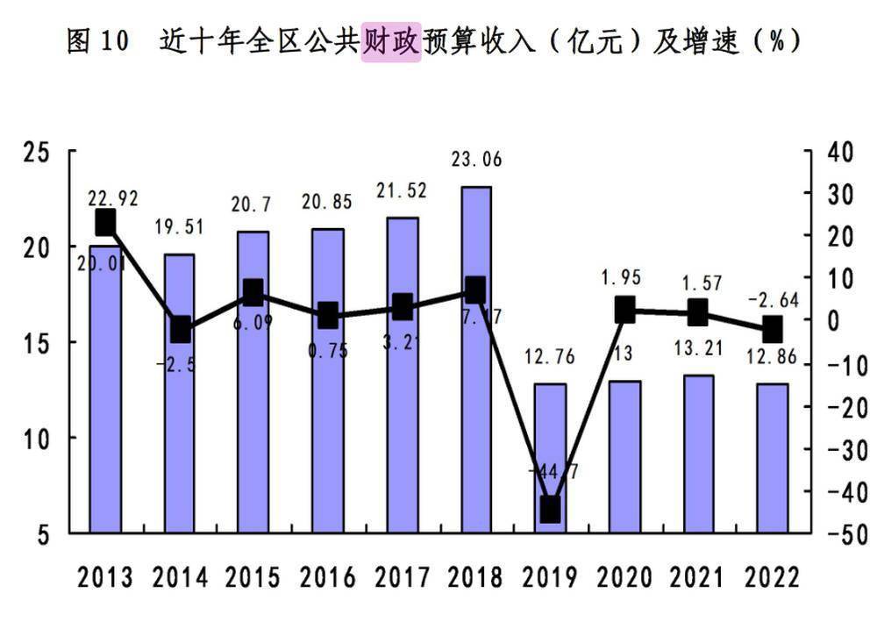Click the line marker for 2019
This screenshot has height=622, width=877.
551,509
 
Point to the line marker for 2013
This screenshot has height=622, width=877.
105,223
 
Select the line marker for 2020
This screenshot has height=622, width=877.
624,309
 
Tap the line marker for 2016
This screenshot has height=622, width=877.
328,314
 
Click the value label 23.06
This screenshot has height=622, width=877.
476,161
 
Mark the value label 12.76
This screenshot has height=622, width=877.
551,359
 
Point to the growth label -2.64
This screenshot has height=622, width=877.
773,300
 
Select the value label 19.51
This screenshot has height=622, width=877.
179,228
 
